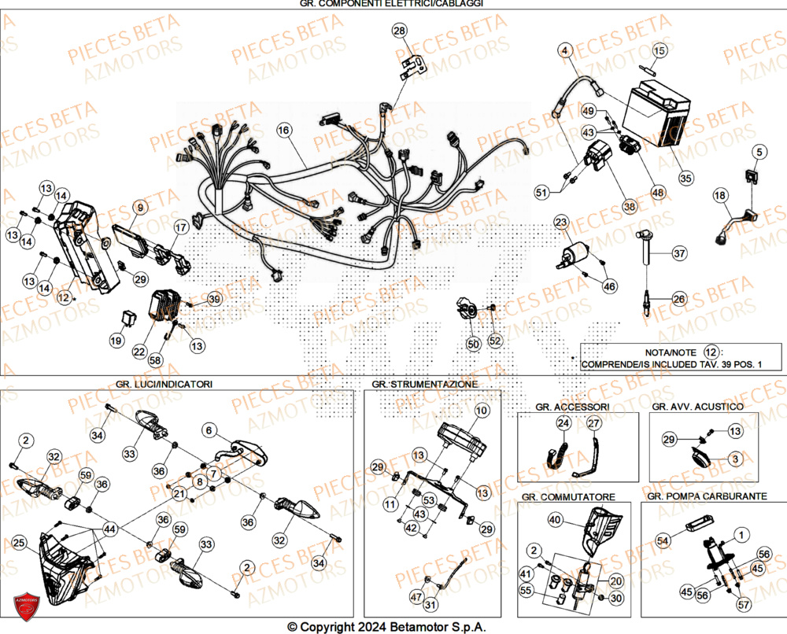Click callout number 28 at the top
tap(401, 31)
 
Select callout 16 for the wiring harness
tap(284, 129)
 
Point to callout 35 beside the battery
tap(686, 178)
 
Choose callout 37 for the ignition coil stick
tap(678, 253)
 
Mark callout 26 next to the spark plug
tap(678, 299)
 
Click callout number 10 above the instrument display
tap(482, 411)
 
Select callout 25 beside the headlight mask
tap(20, 542)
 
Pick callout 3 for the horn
tap(733, 458)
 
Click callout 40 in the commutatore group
tap(555, 520)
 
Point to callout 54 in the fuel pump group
tap(662, 542)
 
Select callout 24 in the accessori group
tap(563, 424)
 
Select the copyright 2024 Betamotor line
tap(386, 627)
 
